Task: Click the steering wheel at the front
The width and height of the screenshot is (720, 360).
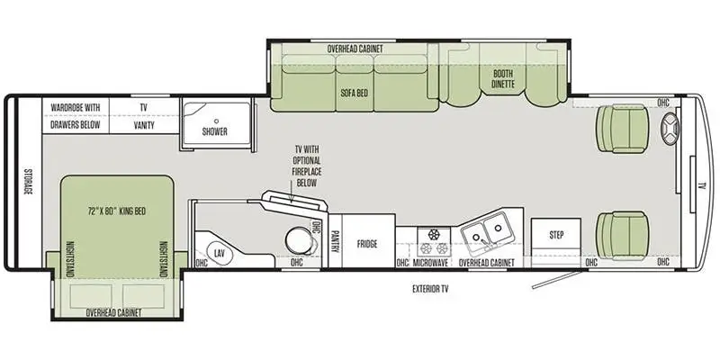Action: point(670,129)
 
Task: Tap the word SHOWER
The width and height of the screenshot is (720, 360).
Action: point(215,131)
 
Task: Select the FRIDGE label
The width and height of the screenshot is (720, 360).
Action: point(367,244)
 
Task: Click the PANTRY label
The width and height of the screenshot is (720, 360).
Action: point(335,241)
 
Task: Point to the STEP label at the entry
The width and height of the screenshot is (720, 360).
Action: point(556,235)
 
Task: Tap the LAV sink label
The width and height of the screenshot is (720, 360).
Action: point(219,252)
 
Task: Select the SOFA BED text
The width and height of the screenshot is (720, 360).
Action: point(354,93)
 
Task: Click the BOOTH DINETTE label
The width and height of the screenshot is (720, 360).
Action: point(503,79)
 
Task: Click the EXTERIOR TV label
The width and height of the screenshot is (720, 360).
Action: point(430,289)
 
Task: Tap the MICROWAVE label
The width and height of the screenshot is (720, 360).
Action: point(430,263)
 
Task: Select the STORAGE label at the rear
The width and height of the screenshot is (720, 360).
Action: point(29,182)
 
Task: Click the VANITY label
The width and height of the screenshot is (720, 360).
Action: point(144,125)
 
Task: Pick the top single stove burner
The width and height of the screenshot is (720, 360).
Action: point(434,234)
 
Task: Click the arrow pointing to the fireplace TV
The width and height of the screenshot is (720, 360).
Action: point(291,192)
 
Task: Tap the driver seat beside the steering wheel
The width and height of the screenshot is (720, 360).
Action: point(621,128)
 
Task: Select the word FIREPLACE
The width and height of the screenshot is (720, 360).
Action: point(307,171)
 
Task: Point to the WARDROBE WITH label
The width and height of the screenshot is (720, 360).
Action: point(75,107)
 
